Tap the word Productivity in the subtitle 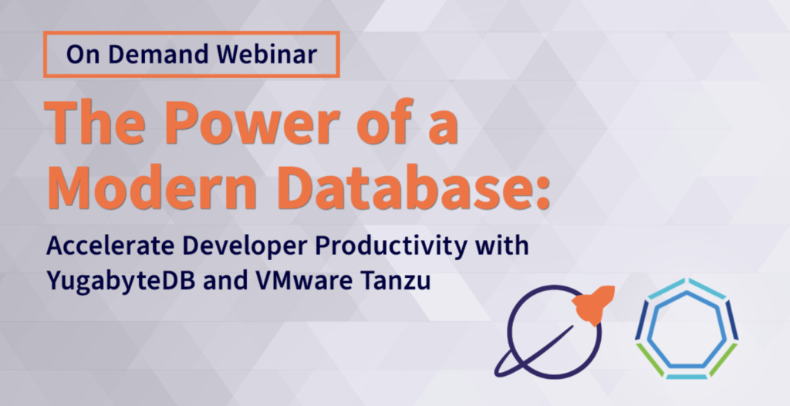(x=398, y=249)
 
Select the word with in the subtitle (x=505, y=248)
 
